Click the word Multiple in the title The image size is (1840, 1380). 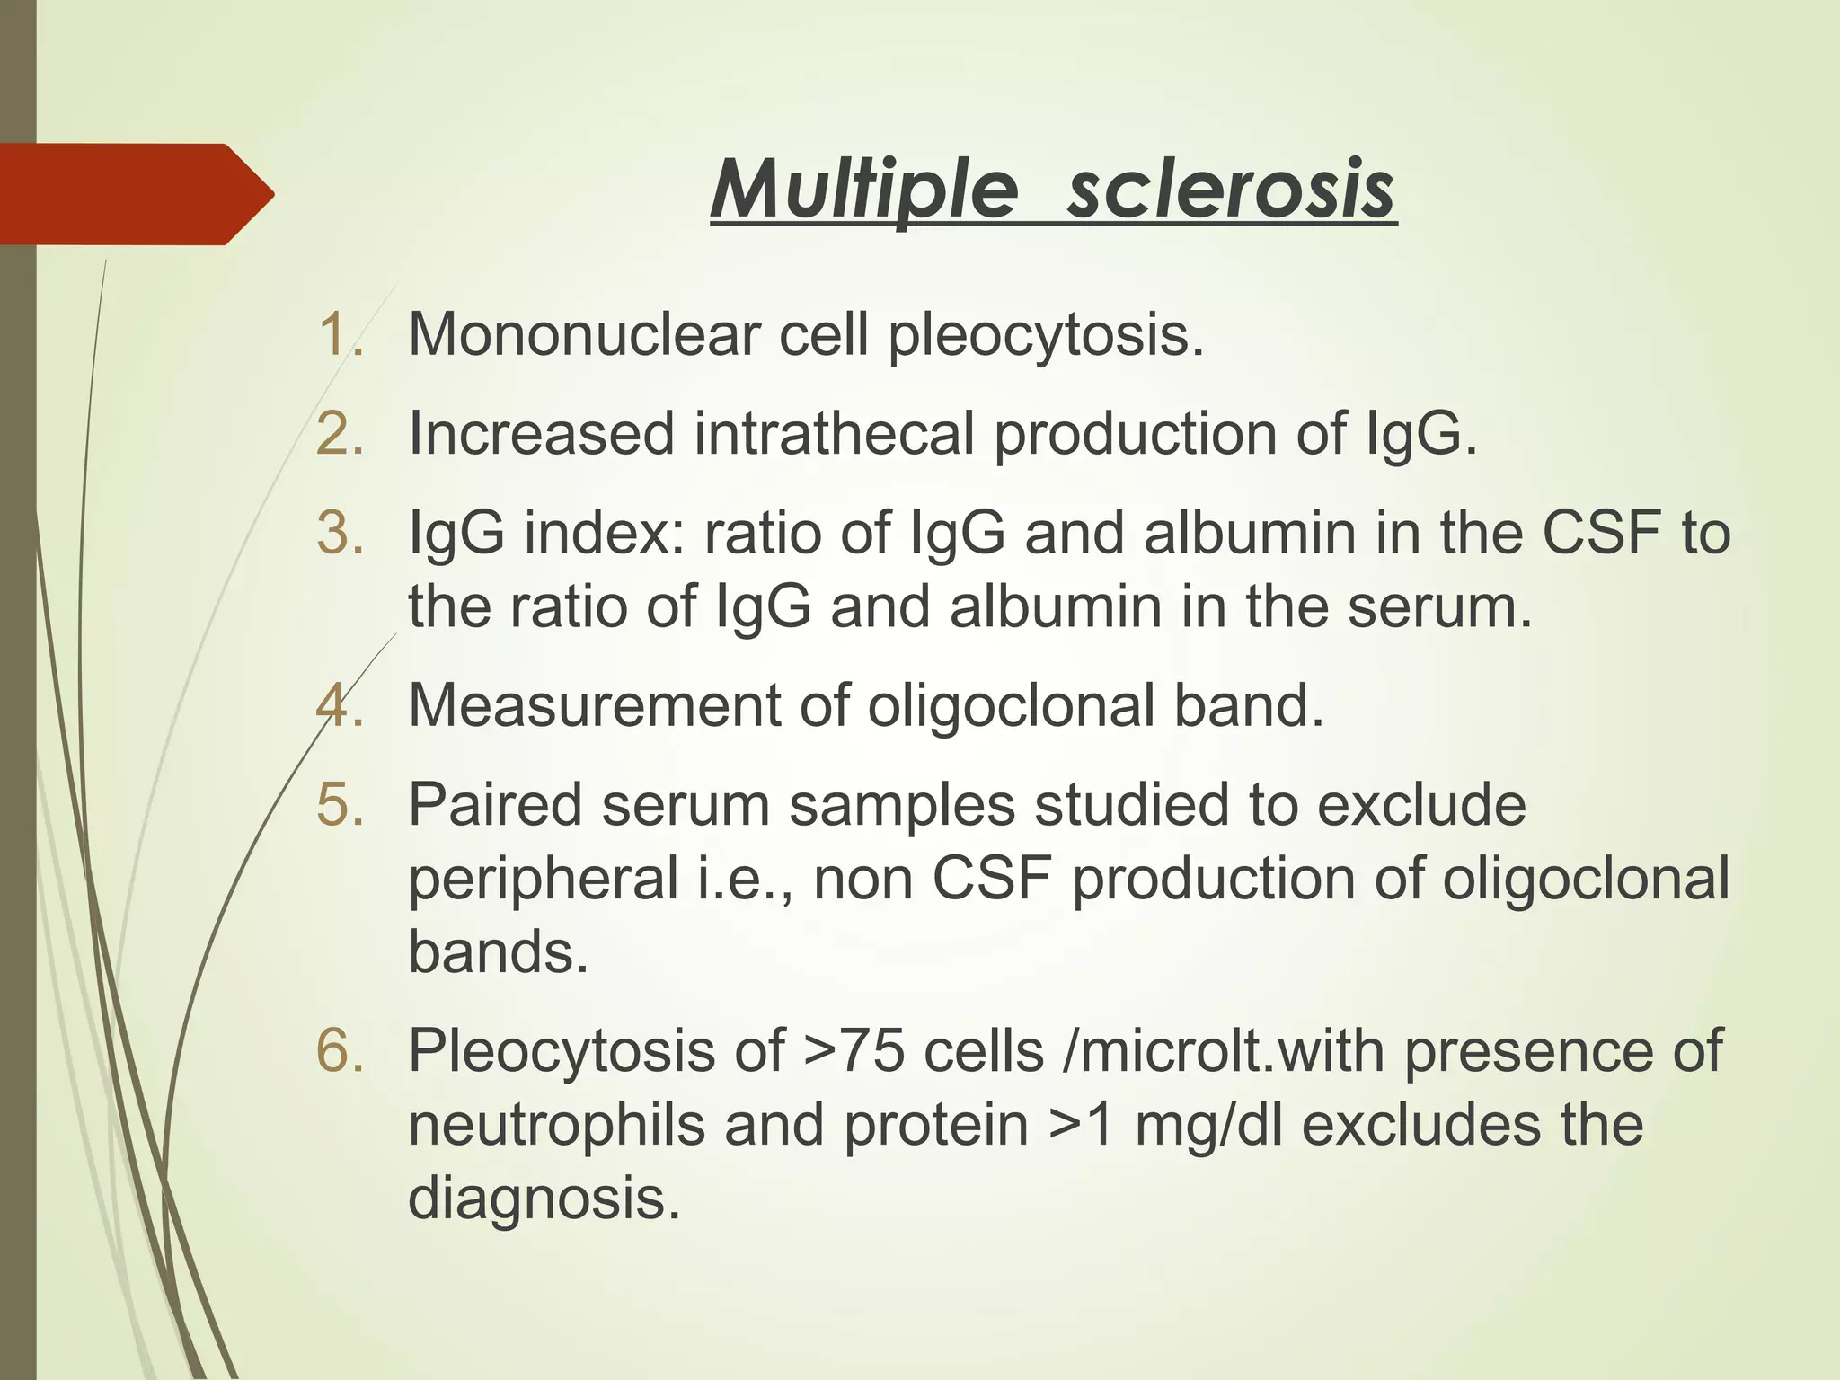865,190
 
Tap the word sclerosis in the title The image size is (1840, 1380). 1231,190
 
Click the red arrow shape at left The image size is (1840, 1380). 135,194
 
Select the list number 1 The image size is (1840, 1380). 340,334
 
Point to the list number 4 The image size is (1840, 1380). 340,705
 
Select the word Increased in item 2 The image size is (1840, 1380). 541,434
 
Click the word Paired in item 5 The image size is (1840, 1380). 495,804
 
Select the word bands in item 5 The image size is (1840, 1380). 498,951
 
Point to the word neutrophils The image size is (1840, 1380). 557,1124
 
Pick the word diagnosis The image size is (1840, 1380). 544,1198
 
